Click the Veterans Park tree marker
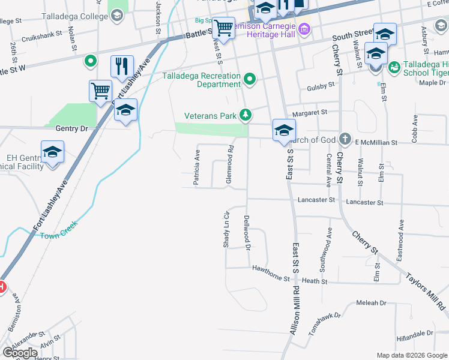245,114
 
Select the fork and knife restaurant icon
122,67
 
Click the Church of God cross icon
345,140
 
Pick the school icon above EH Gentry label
53,153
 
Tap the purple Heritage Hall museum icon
304,28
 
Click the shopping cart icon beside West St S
223,28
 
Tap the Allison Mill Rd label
295,314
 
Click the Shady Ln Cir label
226,229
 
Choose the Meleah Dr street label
371,303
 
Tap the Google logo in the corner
20,353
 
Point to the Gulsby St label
320,86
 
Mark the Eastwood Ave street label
400,238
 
